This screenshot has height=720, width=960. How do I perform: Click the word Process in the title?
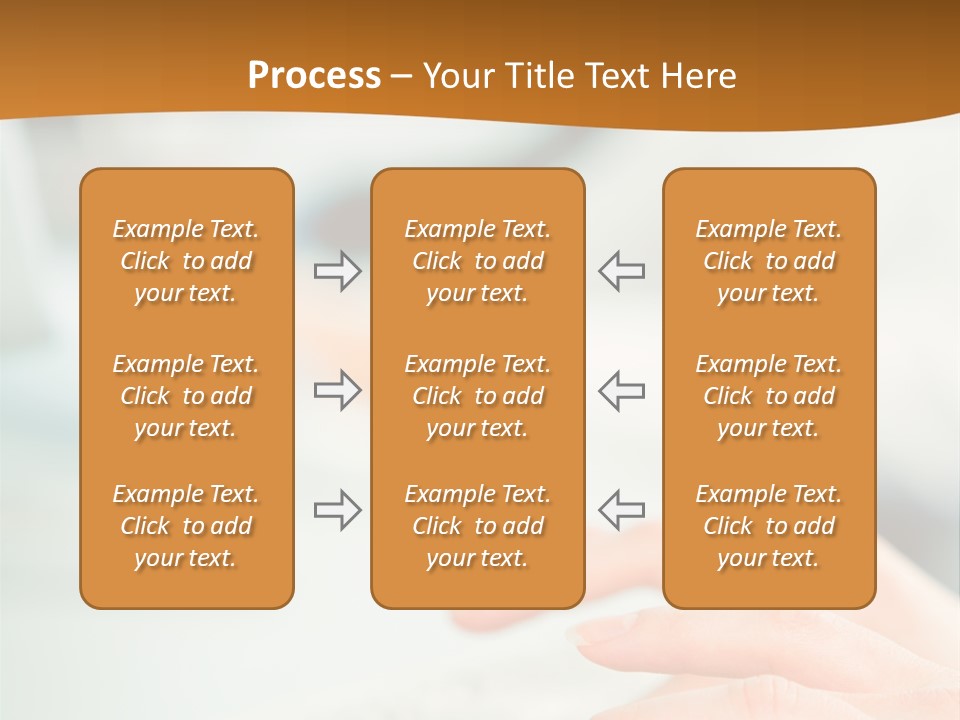tap(314, 76)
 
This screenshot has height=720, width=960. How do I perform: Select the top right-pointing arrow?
tap(337, 271)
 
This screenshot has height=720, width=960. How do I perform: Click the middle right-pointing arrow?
tap(337, 390)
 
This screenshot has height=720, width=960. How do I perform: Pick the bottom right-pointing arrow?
tap(337, 510)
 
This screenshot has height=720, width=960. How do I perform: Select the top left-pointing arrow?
tap(622, 271)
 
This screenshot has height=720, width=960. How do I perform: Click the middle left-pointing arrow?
tap(622, 390)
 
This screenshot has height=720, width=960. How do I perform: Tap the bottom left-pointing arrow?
tap(622, 510)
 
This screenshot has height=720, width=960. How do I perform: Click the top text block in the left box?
tap(186, 261)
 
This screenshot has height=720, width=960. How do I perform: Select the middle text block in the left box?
tap(186, 396)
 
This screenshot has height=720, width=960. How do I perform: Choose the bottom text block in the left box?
tap(186, 526)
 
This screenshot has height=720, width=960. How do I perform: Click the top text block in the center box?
tap(477, 261)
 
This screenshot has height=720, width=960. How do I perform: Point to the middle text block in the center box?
tap(477, 396)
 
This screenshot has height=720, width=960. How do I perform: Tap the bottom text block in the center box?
tap(477, 526)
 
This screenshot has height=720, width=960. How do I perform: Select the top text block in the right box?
tap(768, 261)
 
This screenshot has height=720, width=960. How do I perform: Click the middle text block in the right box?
tap(768, 396)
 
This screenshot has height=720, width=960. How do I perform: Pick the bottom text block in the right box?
tap(768, 526)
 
